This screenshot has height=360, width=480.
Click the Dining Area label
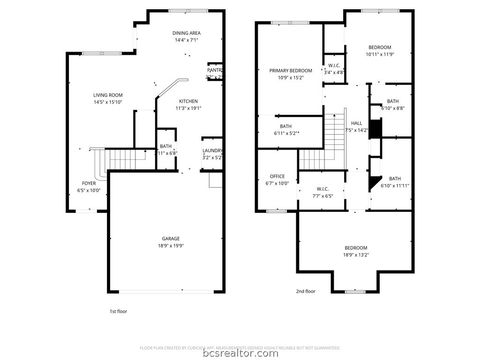(x=187, y=34)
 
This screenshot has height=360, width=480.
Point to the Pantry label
(x=215, y=70)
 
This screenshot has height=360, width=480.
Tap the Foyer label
(x=90, y=183)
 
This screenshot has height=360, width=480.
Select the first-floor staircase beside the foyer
(x=124, y=158)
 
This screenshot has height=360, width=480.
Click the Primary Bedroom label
(x=291, y=71)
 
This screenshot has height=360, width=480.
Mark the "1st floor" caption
(x=119, y=312)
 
